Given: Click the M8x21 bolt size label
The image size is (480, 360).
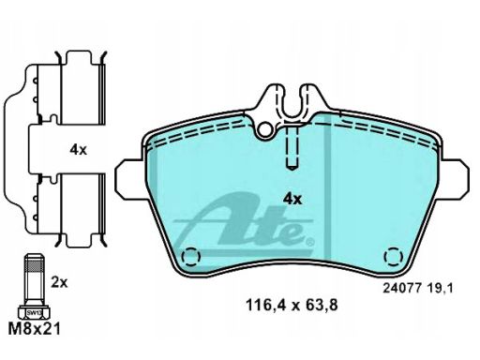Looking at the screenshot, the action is click(x=34, y=329).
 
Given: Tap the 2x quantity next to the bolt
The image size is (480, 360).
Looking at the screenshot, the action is click(x=59, y=283).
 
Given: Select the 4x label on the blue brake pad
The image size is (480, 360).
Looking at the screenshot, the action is click(x=292, y=199).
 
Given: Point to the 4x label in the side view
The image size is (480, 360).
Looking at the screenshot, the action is click(x=78, y=150).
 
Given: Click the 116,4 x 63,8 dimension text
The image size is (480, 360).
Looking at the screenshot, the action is click(x=292, y=305).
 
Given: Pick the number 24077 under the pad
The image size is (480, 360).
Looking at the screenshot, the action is click(x=403, y=288).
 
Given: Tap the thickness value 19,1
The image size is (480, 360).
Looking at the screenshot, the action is click(x=441, y=288).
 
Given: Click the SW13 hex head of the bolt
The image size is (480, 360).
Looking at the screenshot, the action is click(x=34, y=312).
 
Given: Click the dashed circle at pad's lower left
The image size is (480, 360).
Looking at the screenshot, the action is click(x=191, y=257).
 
